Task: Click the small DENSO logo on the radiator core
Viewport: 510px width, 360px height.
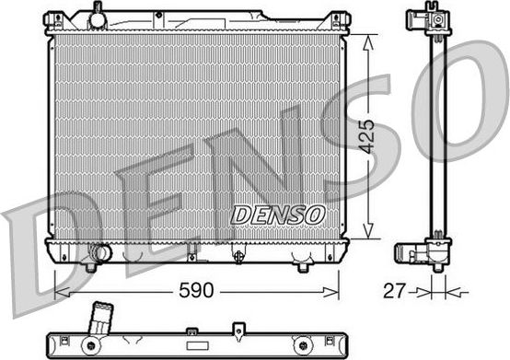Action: point(277,214)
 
